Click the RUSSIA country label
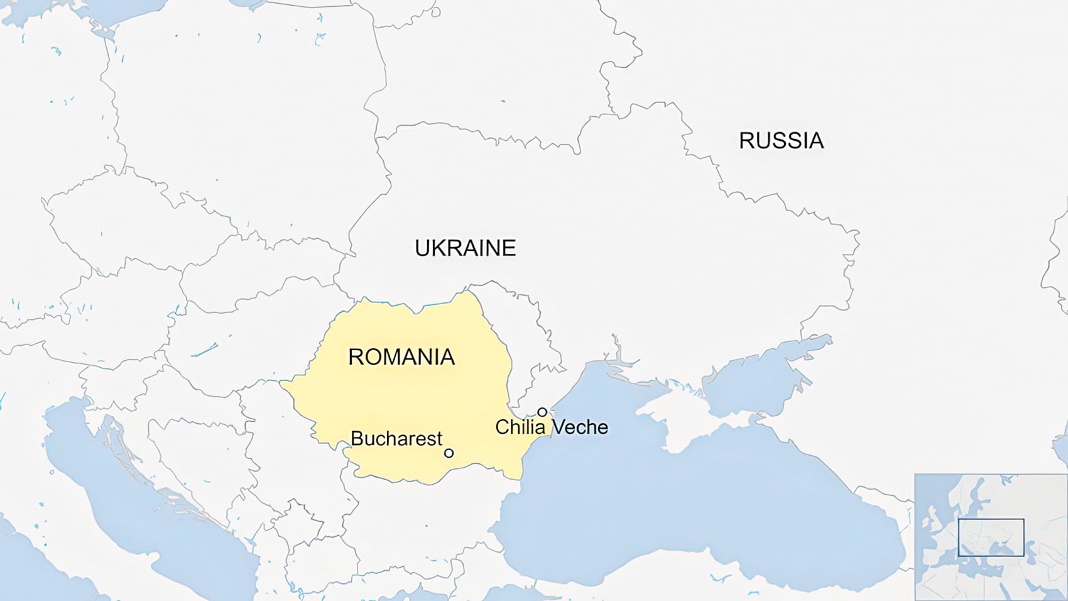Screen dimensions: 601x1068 click(781, 140)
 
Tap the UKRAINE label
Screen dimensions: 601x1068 click(465, 248)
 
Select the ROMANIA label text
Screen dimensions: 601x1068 click(401, 357)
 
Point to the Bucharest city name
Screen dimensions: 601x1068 click(396, 438)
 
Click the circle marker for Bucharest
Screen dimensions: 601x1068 click(449, 453)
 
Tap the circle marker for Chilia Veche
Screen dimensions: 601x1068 click(542, 412)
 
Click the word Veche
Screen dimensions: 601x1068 click(579, 427)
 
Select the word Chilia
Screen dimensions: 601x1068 click(520, 427)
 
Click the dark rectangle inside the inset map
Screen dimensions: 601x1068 click(991, 538)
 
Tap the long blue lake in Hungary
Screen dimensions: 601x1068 click(204, 350)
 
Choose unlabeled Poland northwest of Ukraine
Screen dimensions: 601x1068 click(251, 126)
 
